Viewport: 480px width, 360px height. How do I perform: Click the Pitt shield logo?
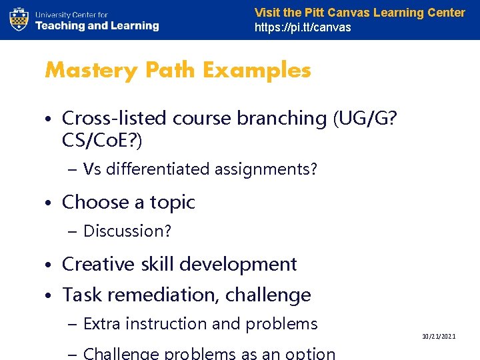(19, 19)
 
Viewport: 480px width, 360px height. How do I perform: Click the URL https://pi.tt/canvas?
(303, 27)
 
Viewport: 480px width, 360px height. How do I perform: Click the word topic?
(172, 202)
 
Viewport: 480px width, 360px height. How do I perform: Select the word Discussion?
(127, 231)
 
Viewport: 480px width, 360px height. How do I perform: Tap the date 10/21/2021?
(439, 337)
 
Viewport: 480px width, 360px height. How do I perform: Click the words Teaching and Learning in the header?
(97, 26)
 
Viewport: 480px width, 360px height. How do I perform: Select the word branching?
(286, 118)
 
